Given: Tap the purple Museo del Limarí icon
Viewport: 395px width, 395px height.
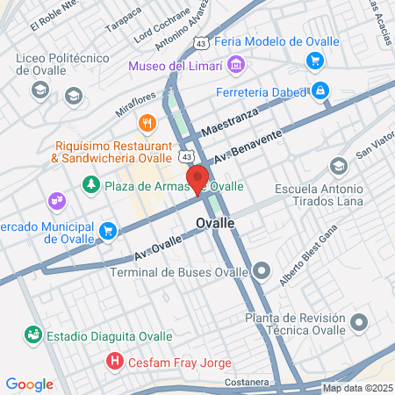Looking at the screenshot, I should (234, 65).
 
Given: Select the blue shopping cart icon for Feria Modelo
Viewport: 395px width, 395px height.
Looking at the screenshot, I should (314, 60).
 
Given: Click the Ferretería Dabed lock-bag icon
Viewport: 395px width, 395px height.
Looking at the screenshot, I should (321, 90).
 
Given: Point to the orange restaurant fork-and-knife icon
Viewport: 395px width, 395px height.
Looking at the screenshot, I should (147, 123).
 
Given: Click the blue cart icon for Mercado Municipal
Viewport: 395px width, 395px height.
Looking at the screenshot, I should (108, 231).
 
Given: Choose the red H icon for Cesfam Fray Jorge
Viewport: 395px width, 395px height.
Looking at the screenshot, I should (114, 361).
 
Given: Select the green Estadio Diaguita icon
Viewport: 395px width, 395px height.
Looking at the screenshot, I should (32, 334).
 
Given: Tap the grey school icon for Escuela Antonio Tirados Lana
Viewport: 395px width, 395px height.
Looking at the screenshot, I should (338, 166).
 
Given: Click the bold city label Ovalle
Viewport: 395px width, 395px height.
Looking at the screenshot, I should (216, 223).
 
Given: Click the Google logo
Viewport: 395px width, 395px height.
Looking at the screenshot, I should (29, 384).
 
